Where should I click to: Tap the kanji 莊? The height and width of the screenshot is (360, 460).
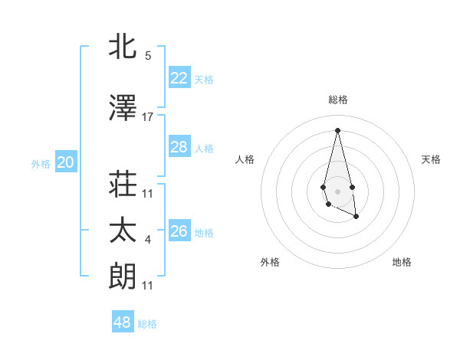click(123, 185)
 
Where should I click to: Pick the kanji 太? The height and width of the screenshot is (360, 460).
click(123, 231)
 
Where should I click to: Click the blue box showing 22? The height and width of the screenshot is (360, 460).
click(179, 78)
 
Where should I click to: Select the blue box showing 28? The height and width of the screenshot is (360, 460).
click(179, 147)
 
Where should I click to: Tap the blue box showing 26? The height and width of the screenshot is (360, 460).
click(179, 231)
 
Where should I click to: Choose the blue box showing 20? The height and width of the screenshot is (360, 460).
click(65, 162)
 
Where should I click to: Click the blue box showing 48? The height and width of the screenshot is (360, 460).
click(122, 322)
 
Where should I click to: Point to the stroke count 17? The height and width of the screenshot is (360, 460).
click(148, 117)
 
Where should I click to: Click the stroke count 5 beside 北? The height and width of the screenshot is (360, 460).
click(148, 56)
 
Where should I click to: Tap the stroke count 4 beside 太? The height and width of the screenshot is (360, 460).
click(148, 240)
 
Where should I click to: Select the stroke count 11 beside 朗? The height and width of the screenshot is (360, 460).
click(148, 286)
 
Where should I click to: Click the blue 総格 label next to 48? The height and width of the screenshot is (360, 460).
click(147, 324)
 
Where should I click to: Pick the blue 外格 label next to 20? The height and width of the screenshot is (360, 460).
click(41, 163)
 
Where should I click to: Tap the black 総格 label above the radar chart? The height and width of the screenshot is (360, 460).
click(337, 100)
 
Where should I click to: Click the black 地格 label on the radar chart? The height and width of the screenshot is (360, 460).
click(402, 262)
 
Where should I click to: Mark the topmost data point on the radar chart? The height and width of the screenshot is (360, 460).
click(337, 129)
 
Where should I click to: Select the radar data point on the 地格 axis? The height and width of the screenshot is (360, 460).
click(356, 217)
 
